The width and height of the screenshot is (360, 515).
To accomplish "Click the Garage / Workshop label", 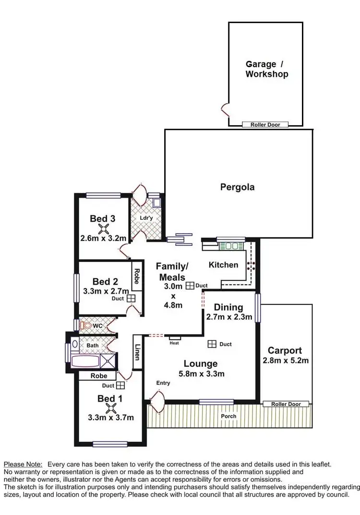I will (266, 69).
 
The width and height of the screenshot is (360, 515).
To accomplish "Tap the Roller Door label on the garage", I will (265, 125).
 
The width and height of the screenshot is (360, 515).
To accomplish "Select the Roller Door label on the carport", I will (286, 404).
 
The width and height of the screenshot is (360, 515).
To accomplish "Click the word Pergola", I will (237, 187).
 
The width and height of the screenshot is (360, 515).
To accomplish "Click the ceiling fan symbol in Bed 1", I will (111, 408).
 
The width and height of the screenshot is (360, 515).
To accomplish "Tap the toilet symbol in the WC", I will (85, 325).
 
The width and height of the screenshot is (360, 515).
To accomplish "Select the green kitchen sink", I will (232, 246).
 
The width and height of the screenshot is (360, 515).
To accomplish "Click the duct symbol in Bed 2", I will (131, 298).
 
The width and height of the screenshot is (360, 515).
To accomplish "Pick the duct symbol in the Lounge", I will (212, 344).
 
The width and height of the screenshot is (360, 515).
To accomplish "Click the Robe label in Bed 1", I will (99, 376).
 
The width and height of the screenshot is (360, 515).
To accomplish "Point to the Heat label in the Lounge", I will (174, 343).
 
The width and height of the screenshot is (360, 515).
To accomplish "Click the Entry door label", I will (163, 383).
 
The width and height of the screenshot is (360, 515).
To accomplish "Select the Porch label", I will (229, 416).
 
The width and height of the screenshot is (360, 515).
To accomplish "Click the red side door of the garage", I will (224, 110).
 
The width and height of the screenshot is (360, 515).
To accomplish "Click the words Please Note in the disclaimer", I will (23, 464).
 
